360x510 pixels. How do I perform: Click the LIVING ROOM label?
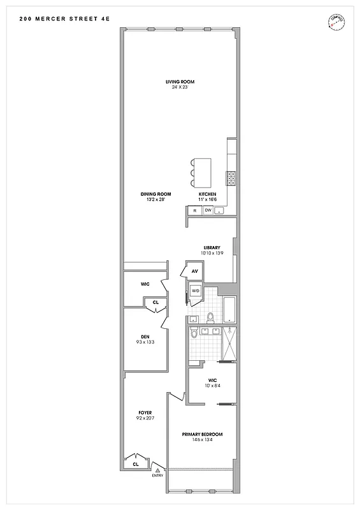pos(180,82)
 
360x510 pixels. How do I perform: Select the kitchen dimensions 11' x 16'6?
pos(207,200)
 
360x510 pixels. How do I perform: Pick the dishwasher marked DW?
pos(208,210)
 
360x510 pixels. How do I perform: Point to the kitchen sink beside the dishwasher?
pos(219,211)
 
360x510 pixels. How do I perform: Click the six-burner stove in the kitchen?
pos(231,177)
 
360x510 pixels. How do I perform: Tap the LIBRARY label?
pos(212,247)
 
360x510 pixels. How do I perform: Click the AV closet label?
pos(194,271)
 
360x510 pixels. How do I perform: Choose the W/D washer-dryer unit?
pos(196,291)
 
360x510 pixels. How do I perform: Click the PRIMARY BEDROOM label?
pos(202,434)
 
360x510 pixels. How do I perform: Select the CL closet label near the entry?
pos(136,464)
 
